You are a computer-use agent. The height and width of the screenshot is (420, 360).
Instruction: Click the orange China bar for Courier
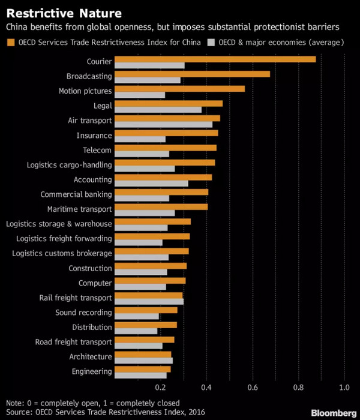(215, 59)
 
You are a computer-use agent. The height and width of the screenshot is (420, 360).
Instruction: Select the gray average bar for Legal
(158, 110)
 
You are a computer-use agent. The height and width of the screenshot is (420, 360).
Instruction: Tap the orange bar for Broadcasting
(192, 74)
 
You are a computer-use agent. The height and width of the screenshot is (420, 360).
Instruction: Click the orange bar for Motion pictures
(179, 89)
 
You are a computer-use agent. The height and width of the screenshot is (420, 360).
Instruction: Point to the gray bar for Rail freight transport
(149, 302)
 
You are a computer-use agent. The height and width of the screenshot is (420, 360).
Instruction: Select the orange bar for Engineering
(142, 369)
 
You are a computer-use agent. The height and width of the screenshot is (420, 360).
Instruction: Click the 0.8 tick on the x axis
(298, 388)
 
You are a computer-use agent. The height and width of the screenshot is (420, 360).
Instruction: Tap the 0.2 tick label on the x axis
(160, 388)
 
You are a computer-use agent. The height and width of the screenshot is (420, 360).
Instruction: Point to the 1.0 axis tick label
(344, 388)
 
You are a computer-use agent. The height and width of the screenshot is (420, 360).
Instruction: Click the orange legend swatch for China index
(10, 42)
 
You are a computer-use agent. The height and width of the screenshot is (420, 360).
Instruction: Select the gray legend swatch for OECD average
(211, 42)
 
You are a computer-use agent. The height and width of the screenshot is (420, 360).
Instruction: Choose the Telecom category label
(97, 150)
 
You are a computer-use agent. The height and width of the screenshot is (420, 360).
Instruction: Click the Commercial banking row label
(76, 194)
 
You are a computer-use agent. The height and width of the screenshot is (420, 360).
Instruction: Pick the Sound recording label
(83, 313)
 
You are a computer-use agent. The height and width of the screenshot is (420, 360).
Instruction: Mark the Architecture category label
(90, 357)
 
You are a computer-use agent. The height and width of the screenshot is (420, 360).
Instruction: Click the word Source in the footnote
(20, 413)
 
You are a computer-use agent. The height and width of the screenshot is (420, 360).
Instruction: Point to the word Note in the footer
(15, 403)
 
